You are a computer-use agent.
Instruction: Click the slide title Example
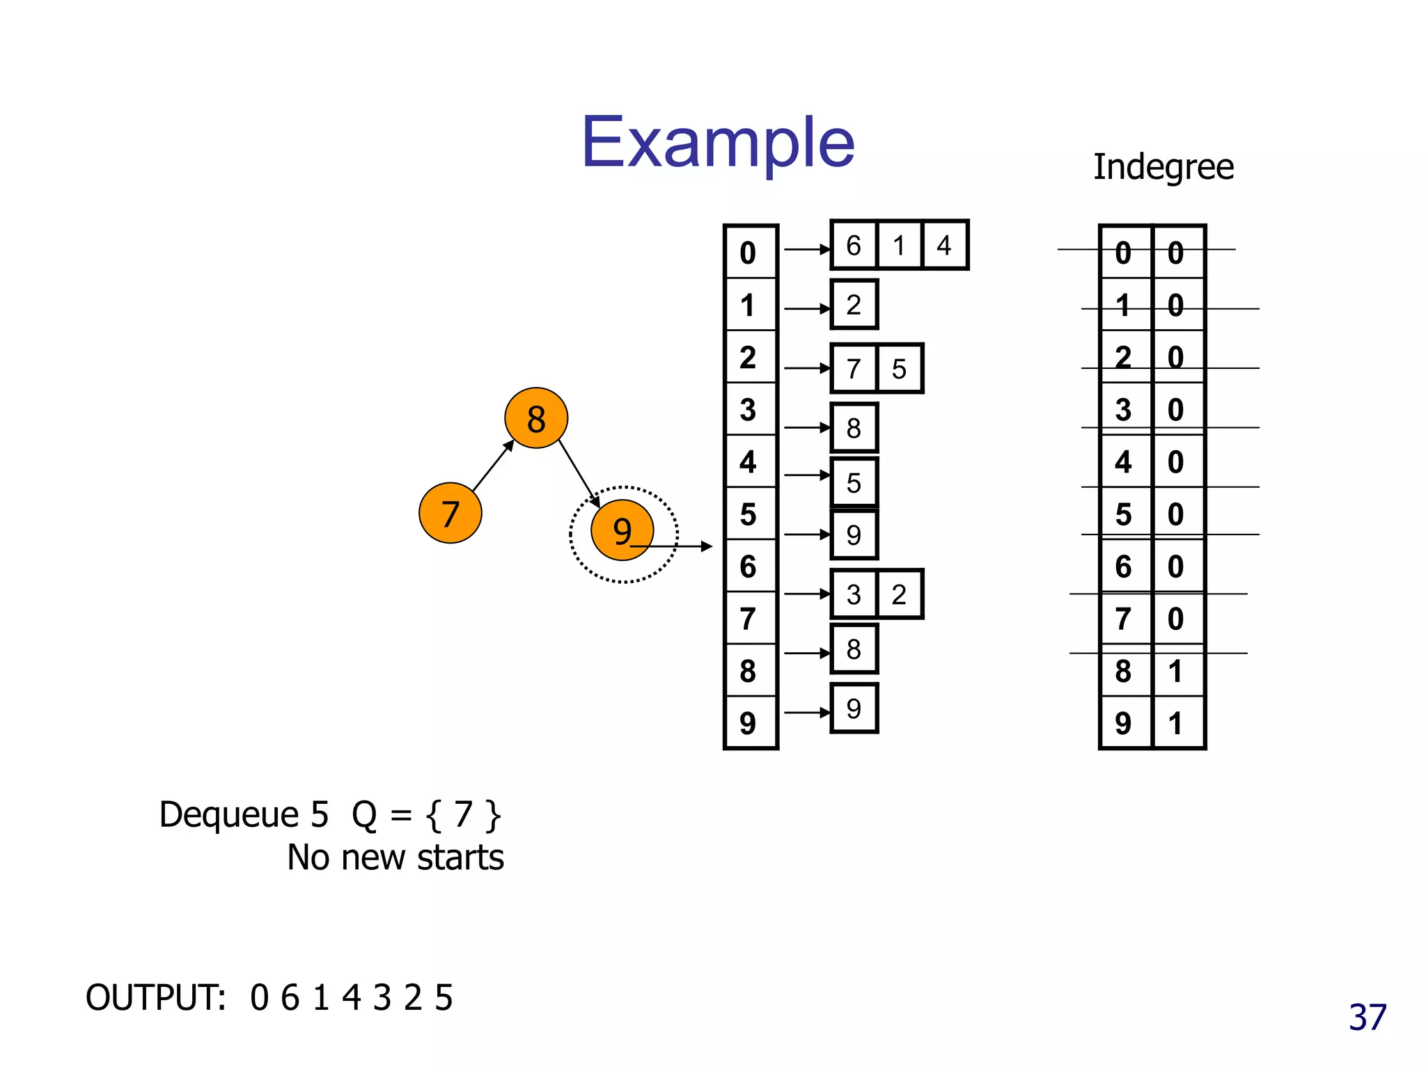point(718,142)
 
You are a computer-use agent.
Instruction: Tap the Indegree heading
point(1163,167)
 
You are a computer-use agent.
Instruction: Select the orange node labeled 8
point(536,418)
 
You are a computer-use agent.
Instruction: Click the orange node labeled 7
point(450,514)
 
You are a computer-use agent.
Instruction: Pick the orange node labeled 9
point(622,530)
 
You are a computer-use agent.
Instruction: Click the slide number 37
point(1368,1017)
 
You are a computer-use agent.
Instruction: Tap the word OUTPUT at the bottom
point(155,997)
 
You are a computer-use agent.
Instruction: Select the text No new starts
point(395,857)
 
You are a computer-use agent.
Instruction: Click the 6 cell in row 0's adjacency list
point(854,246)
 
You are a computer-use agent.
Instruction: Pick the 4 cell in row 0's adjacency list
point(944,246)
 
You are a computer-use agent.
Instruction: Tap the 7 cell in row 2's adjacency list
point(854,369)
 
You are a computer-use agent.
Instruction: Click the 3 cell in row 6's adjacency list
point(854,594)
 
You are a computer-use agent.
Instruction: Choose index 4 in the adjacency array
point(749,462)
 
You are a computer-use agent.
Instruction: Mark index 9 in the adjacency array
point(749,723)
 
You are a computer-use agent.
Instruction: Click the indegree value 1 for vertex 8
point(1176,671)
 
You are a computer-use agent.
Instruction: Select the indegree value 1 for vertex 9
point(1176,723)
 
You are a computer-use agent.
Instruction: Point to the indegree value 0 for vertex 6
point(1176,567)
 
